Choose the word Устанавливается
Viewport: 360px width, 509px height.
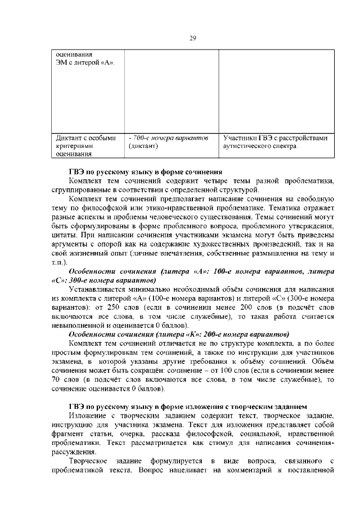pyautogui.click(x=101, y=290)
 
